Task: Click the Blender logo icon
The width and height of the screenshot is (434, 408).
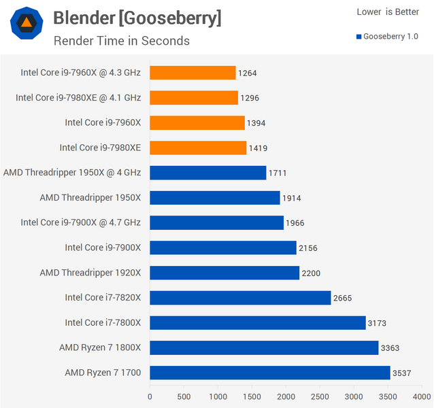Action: click(x=27, y=27)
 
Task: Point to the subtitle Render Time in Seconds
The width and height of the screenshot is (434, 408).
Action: click(x=121, y=41)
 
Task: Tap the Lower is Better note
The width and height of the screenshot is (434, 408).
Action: click(x=388, y=12)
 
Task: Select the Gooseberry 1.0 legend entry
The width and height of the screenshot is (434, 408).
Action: click(x=386, y=35)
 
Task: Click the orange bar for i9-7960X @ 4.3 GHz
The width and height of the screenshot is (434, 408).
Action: click(x=193, y=73)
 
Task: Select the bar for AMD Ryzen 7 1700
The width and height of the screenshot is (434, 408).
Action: click(x=270, y=373)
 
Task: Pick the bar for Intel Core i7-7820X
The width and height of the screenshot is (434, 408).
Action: click(x=240, y=298)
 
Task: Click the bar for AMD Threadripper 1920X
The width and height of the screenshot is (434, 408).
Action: click(x=224, y=273)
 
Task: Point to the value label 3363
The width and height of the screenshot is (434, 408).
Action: click(x=390, y=348)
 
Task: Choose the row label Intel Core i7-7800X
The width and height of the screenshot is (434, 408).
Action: click(x=103, y=322)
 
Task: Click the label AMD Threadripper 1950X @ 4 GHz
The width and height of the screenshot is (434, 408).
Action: click(x=72, y=173)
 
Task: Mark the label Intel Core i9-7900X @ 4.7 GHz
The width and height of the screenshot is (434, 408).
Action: click(x=80, y=222)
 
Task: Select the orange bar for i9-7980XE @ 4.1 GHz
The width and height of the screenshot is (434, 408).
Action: click(x=194, y=98)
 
